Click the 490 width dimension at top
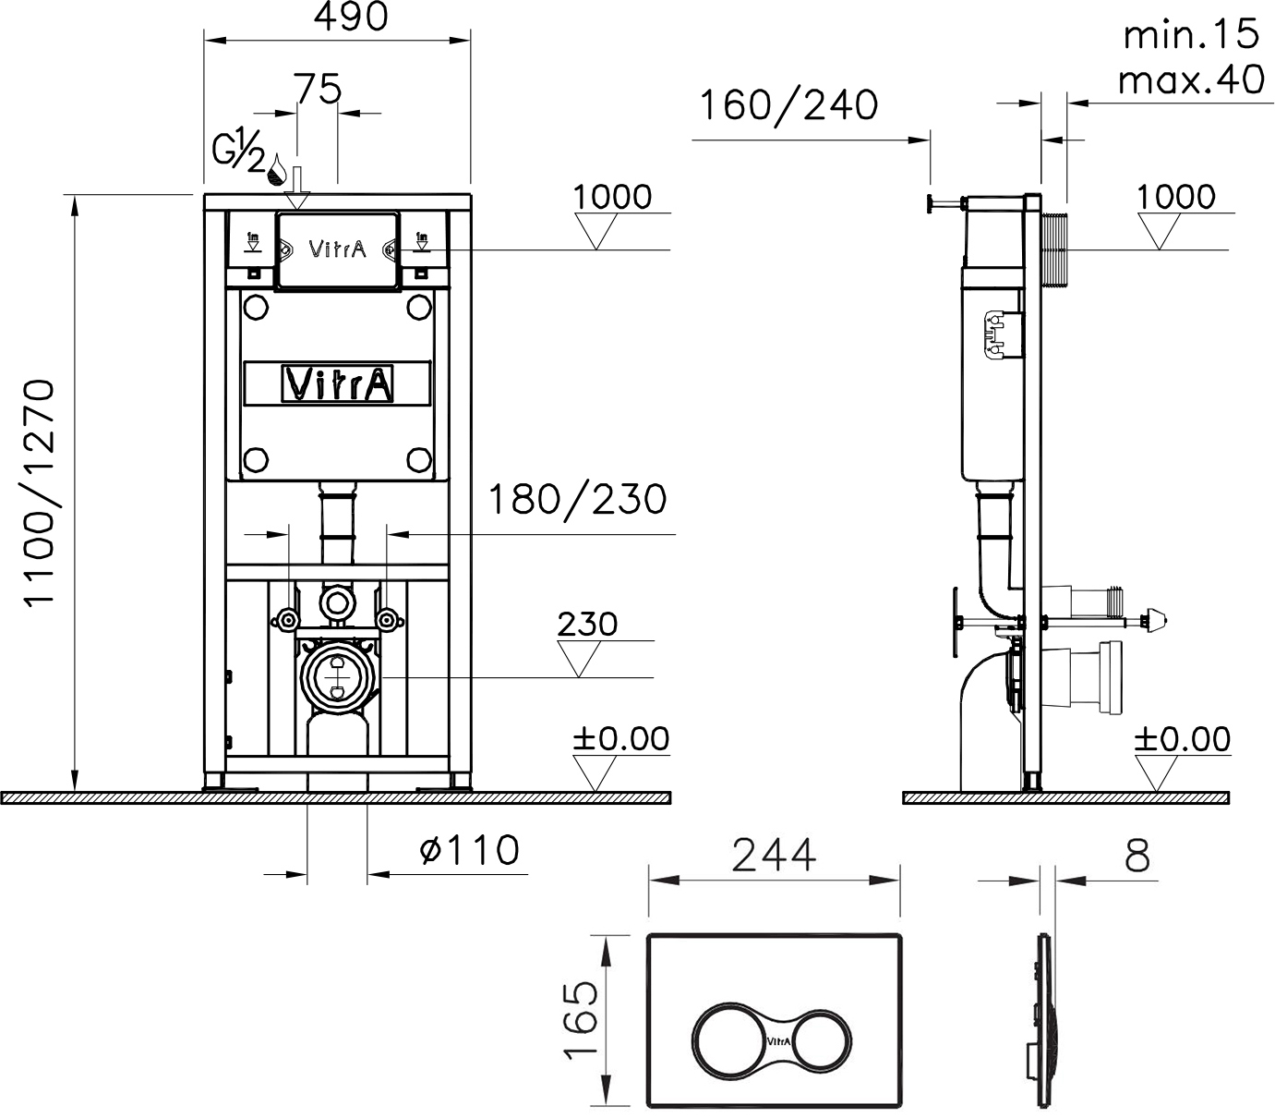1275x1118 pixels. tap(351, 18)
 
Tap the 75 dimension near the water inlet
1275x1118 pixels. tap(318, 90)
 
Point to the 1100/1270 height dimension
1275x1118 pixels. tap(42, 492)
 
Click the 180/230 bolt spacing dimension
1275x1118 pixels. tap(576, 500)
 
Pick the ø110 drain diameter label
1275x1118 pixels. tap(469, 850)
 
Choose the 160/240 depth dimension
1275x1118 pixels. tap(788, 105)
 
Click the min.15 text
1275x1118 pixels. tap(1190, 35)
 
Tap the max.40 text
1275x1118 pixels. tap(1190, 80)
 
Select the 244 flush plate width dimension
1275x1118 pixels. tap(774, 856)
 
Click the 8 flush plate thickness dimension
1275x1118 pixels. tap(1137, 857)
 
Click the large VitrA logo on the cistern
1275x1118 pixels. tap(338, 384)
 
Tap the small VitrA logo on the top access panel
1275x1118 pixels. tap(337, 249)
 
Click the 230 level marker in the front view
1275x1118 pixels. tap(587, 625)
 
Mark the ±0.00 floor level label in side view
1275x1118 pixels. tap(1183, 739)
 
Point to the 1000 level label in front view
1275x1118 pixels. tap(611, 197)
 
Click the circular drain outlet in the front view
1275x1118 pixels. tap(335, 677)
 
